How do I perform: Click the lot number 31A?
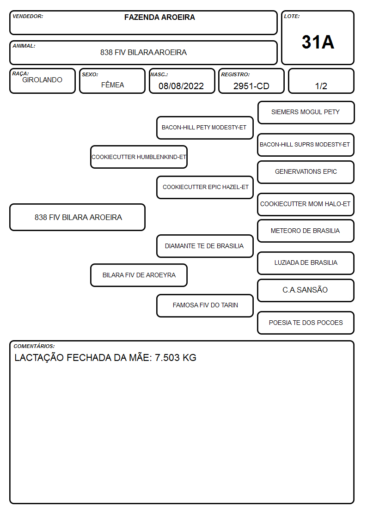pyautogui.click(x=318, y=42)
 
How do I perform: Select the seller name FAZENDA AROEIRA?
pyautogui.click(x=159, y=17)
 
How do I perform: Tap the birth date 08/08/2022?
pyautogui.click(x=181, y=86)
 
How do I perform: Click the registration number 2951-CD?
pyautogui.click(x=251, y=86)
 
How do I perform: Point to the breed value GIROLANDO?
pyautogui.click(x=42, y=80)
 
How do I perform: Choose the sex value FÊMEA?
pyautogui.click(x=112, y=85)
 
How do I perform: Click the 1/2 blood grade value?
pyautogui.click(x=321, y=86)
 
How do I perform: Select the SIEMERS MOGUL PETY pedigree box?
pyautogui.click(x=306, y=113)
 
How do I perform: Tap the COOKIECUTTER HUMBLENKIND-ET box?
pyautogui.click(x=139, y=157)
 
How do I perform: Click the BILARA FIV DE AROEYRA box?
pyautogui.click(x=139, y=275)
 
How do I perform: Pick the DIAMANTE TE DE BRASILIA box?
pyautogui.click(x=205, y=246)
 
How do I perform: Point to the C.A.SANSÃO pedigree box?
pyautogui.click(x=306, y=290)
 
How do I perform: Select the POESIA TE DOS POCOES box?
pyautogui.click(x=306, y=323)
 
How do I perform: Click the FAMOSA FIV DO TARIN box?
pyautogui.click(x=205, y=305)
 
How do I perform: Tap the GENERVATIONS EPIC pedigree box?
pyautogui.click(x=306, y=172)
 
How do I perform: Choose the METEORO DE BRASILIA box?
pyautogui.click(x=306, y=231)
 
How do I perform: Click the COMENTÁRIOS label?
pyautogui.click(x=34, y=346)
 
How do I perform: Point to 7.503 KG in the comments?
pyautogui.click(x=175, y=357)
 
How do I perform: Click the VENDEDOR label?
pyautogui.click(x=28, y=16)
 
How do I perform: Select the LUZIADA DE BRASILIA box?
pyautogui.click(x=306, y=263)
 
